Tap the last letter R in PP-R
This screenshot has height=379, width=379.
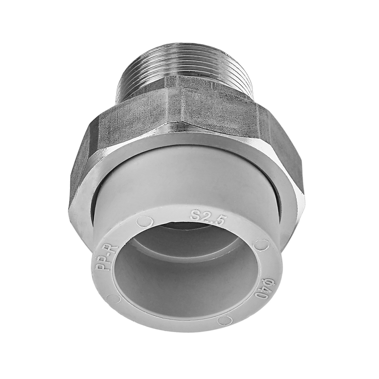tap(113, 250)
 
